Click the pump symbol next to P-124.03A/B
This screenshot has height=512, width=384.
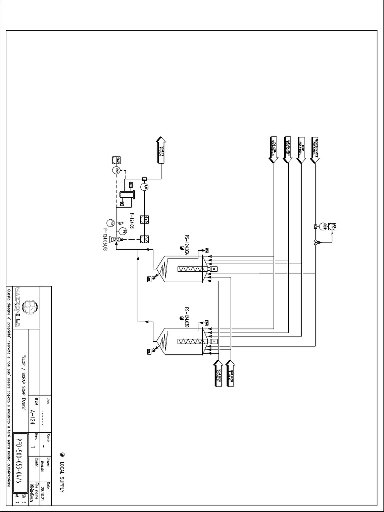tap(115, 240)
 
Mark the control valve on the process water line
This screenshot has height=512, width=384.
tap(315, 243)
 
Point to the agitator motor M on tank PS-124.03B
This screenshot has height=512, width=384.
tap(213, 342)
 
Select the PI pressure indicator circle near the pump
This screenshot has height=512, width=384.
tap(121, 231)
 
